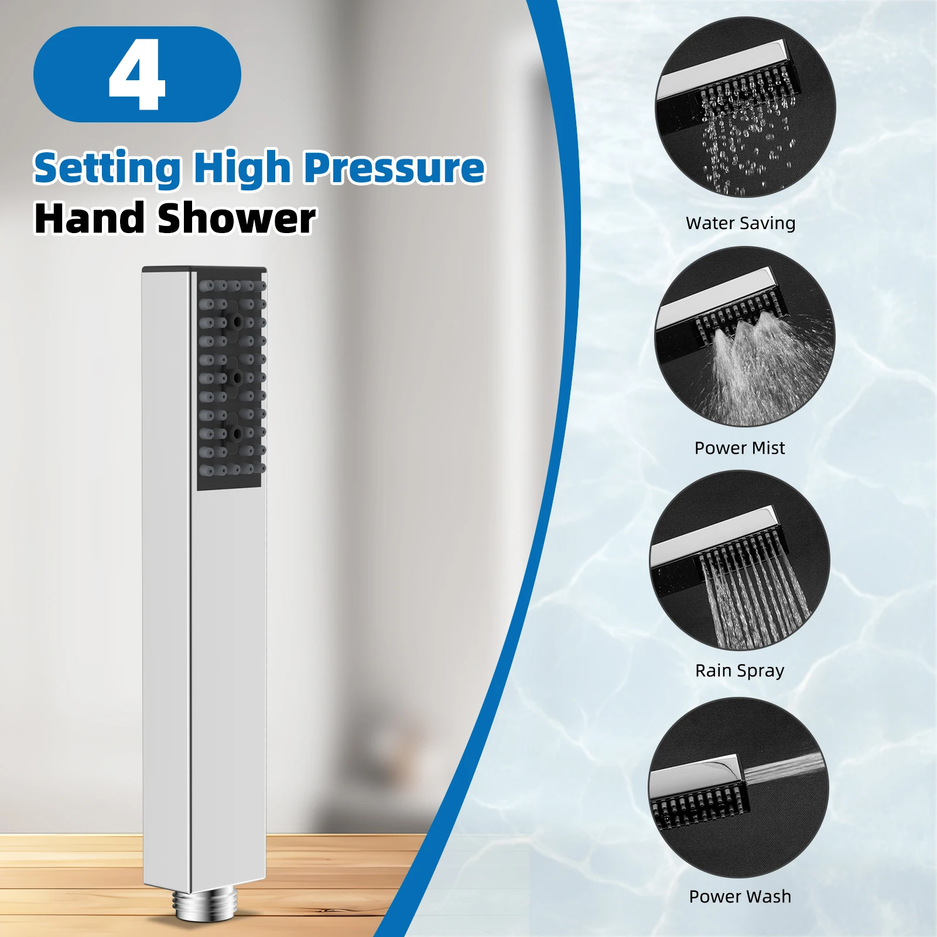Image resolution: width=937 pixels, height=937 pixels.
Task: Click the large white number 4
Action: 137,74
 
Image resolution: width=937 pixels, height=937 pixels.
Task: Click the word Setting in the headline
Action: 107,168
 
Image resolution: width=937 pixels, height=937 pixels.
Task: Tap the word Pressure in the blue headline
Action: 394,168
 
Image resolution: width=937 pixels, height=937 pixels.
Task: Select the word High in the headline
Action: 242,168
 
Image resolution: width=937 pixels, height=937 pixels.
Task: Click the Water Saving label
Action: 740,223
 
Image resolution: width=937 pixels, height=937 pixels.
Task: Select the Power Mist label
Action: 739,448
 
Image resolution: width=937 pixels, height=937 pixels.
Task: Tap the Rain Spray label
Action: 739,671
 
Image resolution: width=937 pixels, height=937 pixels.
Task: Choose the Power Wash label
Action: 740,897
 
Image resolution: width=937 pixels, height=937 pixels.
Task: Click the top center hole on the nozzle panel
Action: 237,322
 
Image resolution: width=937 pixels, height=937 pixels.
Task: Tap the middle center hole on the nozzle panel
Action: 237,378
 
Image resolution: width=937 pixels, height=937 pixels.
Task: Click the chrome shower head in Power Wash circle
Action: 697,776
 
